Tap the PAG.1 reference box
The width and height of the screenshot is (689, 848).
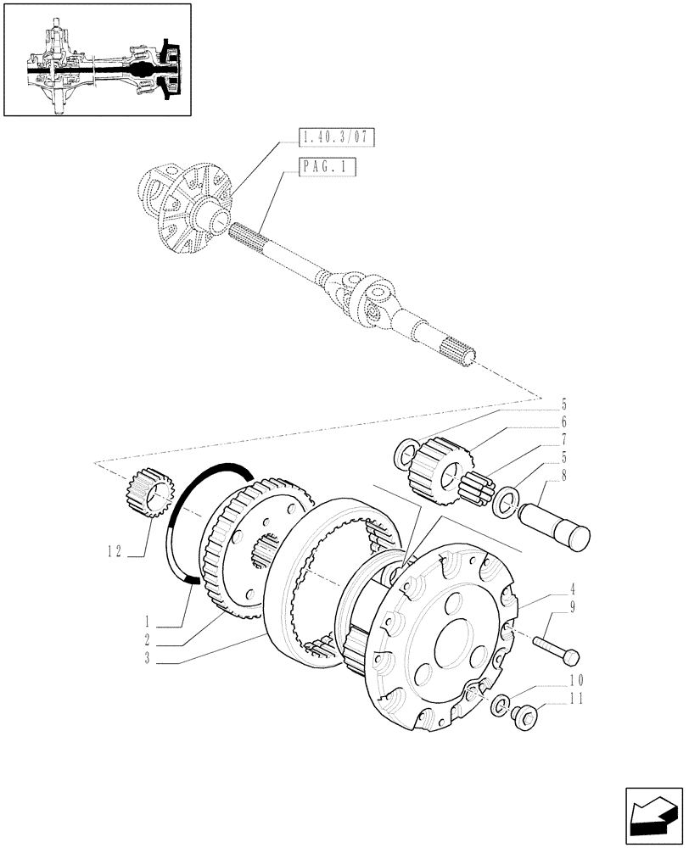click(x=327, y=168)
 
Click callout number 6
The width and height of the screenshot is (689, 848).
click(x=563, y=421)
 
